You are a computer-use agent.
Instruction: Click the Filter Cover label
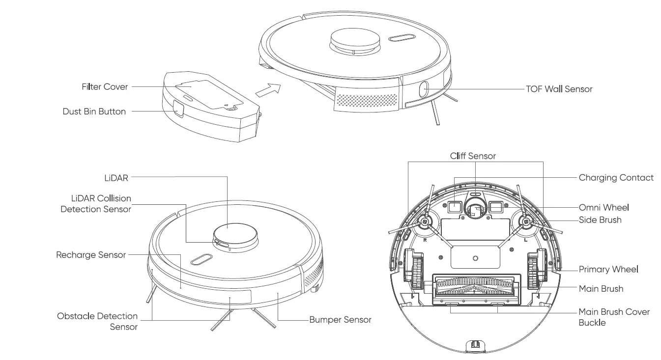tap(105, 87)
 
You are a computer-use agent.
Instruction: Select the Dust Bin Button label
tap(94, 111)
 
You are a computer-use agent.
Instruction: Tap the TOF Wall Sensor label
tap(559, 89)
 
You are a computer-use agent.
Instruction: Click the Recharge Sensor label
tap(91, 255)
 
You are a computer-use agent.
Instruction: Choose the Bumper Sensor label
tap(340, 320)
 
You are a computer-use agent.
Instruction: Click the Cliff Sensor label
tap(473, 156)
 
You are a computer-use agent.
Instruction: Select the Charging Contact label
tap(616, 178)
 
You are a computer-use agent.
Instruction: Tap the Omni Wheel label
tap(604, 207)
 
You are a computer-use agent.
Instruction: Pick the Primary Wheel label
tap(608, 269)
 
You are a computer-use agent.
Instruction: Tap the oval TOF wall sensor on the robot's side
tap(423, 90)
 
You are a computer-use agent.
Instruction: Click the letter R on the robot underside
tap(424, 241)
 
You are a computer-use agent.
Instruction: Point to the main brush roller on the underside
tap(475, 286)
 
